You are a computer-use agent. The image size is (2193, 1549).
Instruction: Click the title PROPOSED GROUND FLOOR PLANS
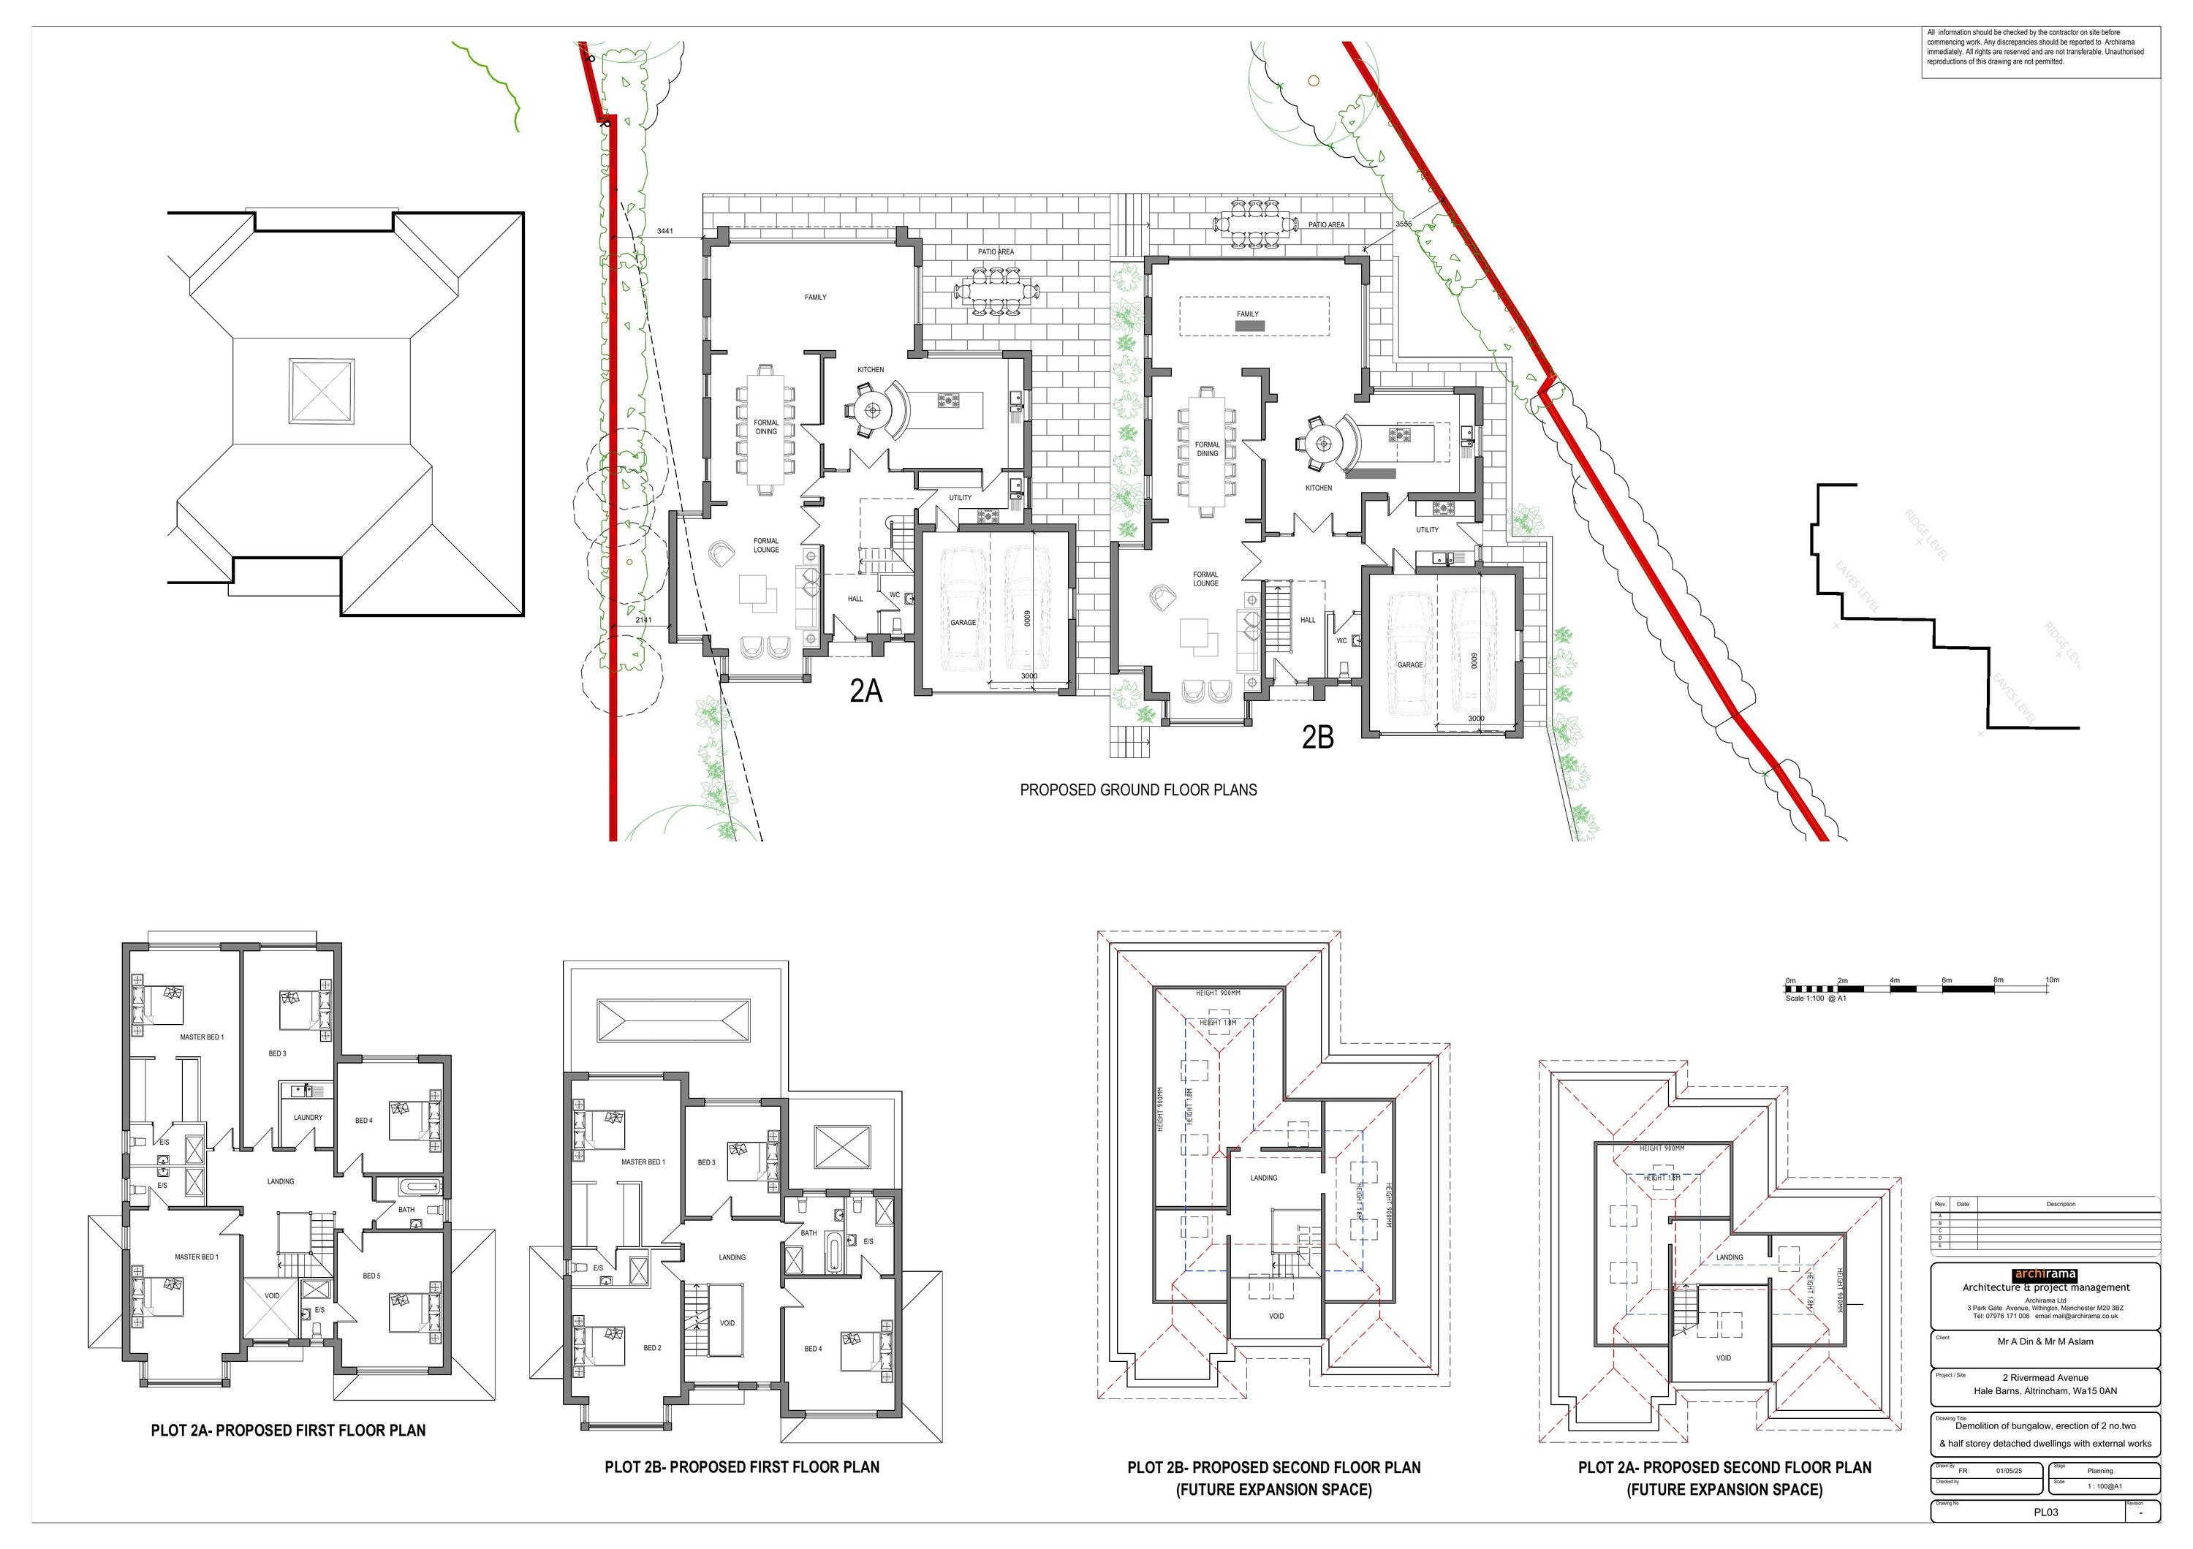(x=1137, y=789)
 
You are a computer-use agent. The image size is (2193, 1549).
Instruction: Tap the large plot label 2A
(x=866, y=691)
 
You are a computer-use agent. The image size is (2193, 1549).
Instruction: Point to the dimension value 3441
(x=664, y=231)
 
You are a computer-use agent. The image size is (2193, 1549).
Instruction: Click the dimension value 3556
(x=1403, y=224)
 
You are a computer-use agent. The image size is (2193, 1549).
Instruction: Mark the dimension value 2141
(x=644, y=620)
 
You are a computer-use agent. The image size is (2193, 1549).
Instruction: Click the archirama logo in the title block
(x=2044, y=1274)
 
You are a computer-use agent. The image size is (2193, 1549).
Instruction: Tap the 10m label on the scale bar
(x=2052, y=980)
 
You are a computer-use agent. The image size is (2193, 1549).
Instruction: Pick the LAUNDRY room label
(x=308, y=1118)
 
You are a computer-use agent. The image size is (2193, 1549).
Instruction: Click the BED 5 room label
(x=371, y=1276)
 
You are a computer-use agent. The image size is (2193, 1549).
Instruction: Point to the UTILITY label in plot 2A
(x=960, y=498)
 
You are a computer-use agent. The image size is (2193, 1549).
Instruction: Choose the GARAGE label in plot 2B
(x=1410, y=664)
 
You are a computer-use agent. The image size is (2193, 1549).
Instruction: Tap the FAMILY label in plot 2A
(x=815, y=297)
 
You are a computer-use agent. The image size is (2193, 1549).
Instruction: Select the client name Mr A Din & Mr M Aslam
(x=2045, y=1342)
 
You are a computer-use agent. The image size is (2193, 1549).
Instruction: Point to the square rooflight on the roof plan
(x=322, y=392)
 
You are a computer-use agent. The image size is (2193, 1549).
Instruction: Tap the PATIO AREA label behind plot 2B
(x=1326, y=224)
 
